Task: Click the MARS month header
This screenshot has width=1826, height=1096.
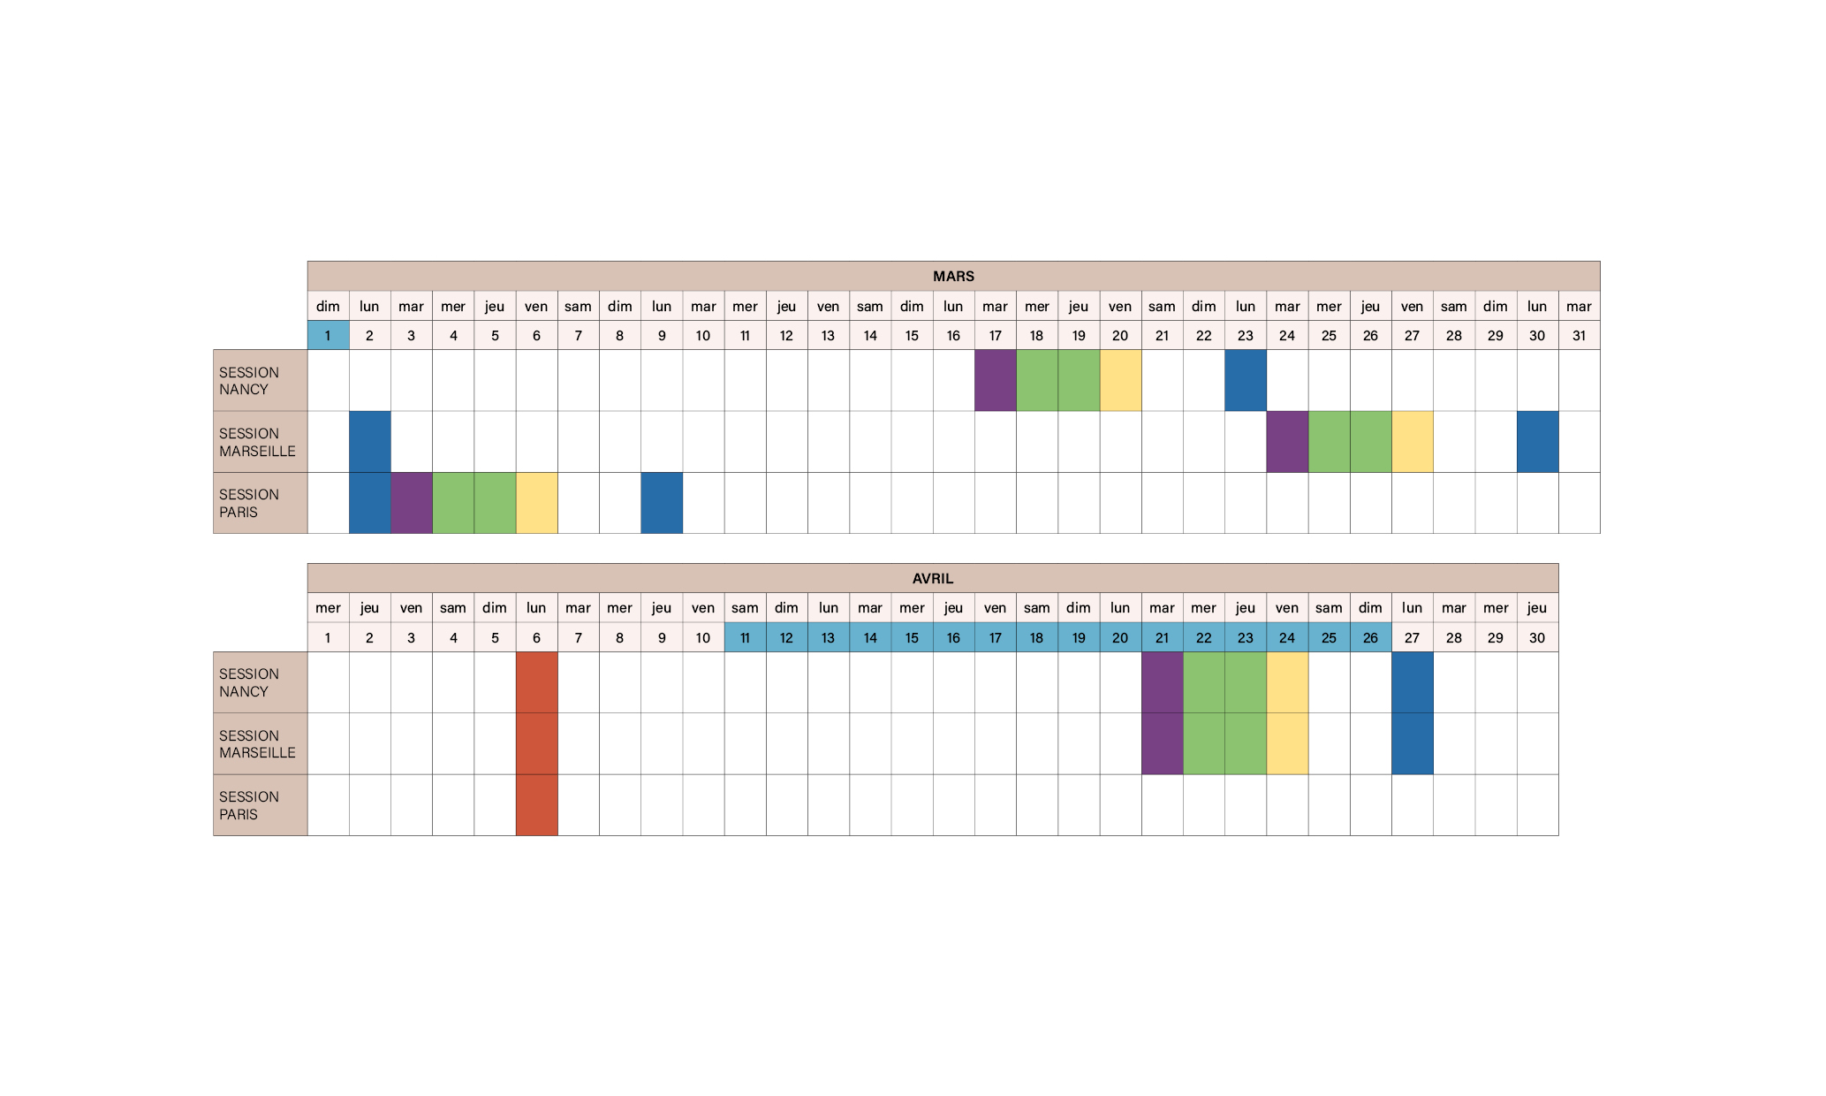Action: tap(953, 276)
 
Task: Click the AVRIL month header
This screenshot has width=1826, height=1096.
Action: tap(932, 578)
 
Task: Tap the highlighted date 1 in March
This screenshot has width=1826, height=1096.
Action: tap(328, 335)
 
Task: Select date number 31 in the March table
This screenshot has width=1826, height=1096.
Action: tap(1579, 335)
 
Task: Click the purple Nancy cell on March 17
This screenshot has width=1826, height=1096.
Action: tap(995, 380)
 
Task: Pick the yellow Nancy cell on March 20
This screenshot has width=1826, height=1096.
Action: tap(1120, 380)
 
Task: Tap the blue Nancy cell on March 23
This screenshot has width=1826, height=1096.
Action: tap(1246, 380)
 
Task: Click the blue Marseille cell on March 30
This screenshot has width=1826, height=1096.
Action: tap(1537, 441)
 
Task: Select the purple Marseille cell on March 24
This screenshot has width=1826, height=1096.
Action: tap(1287, 441)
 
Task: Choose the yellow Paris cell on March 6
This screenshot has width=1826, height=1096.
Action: tap(536, 503)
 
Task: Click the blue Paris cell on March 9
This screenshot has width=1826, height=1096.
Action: tap(662, 503)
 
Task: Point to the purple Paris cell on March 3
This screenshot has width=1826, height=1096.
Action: tap(411, 503)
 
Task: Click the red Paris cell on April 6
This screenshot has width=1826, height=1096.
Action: tap(536, 805)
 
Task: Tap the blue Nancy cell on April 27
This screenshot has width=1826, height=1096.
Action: tap(1412, 682)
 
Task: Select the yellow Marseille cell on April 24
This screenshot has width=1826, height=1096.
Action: tap(1287, 743)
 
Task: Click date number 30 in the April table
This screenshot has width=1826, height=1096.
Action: tap(1537, 637)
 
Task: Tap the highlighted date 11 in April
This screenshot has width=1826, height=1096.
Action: tap(745, 637)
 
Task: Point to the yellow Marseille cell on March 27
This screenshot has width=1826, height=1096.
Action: tap(1412, 441)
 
